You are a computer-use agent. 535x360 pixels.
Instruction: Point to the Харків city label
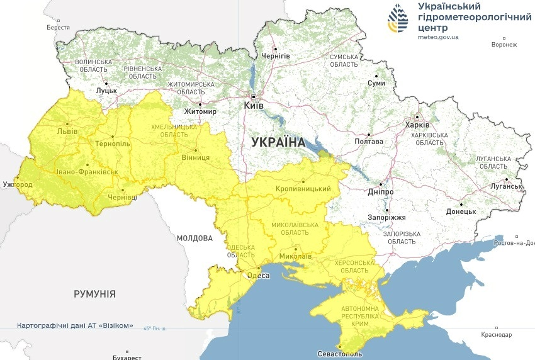[417, 125]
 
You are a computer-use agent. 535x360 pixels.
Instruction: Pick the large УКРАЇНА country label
[278, 142]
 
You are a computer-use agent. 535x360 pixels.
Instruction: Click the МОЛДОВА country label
[194, 239]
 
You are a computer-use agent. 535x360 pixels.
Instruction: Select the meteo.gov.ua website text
[438, 37]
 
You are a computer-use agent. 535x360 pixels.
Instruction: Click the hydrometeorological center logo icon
[398, 20]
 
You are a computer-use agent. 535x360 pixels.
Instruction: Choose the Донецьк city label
[461, 211]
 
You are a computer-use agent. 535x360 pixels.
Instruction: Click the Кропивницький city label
[303, 189]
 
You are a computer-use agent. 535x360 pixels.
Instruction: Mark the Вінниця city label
[195, 157]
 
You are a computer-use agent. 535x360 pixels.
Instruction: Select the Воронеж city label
[504, 45]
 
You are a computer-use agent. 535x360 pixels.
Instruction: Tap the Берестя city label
[59, 28]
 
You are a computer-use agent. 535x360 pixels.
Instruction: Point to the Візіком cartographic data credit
[76, 325]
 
